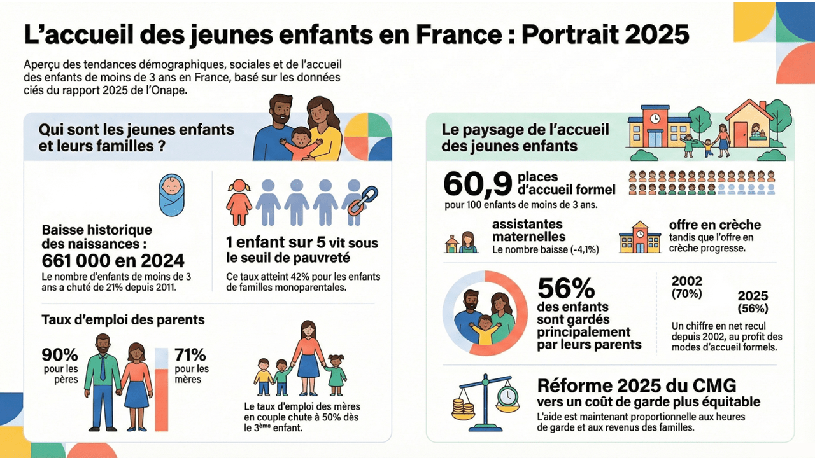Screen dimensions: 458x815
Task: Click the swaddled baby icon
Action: click(171, 195)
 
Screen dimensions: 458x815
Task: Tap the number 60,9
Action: click(478, 184)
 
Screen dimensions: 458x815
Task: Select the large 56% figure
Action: click(566, 289)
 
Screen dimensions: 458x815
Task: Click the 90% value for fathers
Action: click(60, 354)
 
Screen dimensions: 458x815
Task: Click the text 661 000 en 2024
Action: click(113, 260)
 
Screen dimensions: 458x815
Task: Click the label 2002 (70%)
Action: click(687, 287)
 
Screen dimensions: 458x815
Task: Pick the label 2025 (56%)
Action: click(753, 302)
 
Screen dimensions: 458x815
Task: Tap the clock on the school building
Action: click(655, 118)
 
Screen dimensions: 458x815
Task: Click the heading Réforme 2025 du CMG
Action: click(637, 385)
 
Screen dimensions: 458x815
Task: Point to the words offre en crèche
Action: click(714, 225)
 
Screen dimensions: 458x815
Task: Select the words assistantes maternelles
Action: click(527, 230)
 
